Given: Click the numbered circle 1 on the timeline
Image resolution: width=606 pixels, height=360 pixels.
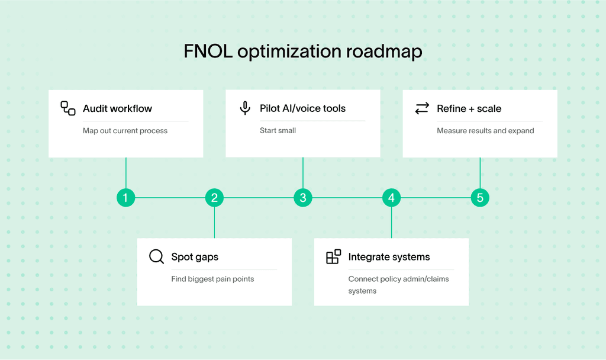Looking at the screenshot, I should tap(125, 198).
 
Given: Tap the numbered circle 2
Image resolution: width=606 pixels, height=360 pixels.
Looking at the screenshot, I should tap(214, 198).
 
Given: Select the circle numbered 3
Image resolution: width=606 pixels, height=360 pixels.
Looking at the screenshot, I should tap(303, 198).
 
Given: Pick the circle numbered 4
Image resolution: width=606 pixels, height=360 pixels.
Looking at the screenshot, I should tap(391, 198).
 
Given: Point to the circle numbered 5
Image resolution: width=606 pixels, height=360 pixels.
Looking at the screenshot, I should tap(480, 198).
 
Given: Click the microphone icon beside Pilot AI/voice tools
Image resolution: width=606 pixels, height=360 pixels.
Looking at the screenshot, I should tap(245, 108).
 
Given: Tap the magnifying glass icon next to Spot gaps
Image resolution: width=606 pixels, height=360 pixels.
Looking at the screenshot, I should tap(156, 257).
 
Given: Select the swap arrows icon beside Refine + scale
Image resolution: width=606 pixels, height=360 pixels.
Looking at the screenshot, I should tap(422, 108).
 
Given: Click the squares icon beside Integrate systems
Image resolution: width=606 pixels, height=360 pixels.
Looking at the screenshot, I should tap(333, 257).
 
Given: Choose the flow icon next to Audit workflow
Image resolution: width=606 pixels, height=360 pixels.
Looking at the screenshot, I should tap(68, 108).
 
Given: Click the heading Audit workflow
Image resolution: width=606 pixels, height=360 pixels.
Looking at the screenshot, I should tap(117, 108).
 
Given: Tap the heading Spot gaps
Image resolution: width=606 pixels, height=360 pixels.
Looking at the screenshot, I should tap(195, 257).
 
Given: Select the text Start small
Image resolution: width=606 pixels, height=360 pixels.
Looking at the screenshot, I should tap(278, 130).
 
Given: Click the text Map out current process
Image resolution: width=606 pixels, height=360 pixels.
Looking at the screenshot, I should tap(125, 130).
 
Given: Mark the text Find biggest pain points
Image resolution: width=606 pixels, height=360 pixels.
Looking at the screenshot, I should tap(212, 279).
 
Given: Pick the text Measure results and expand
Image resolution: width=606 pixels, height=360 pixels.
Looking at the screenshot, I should tap(485, 130).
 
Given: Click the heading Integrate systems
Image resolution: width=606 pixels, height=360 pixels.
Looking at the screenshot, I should tap(389, 257).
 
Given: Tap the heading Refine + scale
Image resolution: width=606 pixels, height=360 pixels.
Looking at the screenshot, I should tap(469, 108).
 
